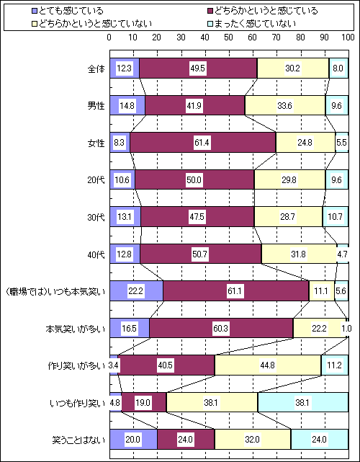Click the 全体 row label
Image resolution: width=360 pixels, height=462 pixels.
(96, 68)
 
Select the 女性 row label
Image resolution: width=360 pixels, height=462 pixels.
(96, 143)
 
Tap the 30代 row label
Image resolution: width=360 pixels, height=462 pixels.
(96, 217)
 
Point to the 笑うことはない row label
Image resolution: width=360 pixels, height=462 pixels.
(78, 440)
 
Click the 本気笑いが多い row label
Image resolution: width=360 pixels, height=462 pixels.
(76, 329)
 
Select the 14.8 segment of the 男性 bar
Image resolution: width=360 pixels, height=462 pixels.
(127, 105)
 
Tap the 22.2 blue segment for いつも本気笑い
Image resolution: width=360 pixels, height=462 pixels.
(136, 291)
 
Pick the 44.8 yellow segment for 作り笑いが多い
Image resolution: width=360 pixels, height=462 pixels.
(268, 365)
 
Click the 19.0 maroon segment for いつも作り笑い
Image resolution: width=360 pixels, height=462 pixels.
(144, 402)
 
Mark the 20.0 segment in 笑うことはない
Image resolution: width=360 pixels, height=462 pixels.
(133, 440)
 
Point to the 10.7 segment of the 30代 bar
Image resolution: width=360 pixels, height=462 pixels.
(336, 217)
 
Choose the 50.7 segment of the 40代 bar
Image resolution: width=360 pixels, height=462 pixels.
(200, 254)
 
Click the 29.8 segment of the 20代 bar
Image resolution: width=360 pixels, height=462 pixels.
(289, 179)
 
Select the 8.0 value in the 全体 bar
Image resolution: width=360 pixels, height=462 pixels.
(338, 68)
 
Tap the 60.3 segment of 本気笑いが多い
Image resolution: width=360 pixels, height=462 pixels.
(221, 328)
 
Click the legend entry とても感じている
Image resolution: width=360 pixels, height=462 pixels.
(68, 12)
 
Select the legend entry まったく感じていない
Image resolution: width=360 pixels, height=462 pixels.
(251, 23)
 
